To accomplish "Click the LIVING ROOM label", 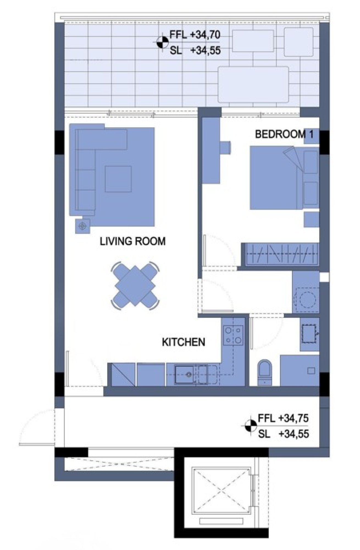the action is point(133,241).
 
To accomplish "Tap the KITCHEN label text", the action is point(184,342).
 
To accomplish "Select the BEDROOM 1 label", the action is point(284,134).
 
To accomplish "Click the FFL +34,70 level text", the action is point(195,35).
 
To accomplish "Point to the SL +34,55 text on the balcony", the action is point(195,50).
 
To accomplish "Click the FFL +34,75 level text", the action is point(283,419).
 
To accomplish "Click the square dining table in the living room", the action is point(135,286).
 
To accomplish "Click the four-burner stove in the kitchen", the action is point(233,335).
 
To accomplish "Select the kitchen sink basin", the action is point(184,374).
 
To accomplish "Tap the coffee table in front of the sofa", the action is point(118,179).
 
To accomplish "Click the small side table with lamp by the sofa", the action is point(83,226).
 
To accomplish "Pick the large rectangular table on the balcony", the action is point(253,84).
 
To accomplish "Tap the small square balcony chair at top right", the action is point(299,42).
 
